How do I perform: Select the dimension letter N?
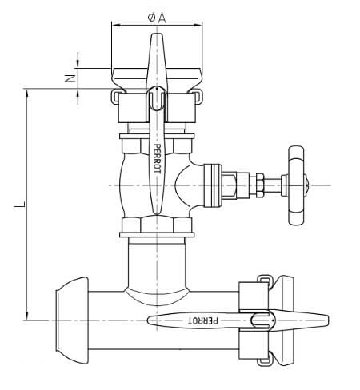[70, 78]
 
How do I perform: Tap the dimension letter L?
[17, 207]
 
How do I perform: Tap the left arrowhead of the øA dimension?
[114, 25]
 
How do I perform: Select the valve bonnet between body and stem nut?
[216, 185]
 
